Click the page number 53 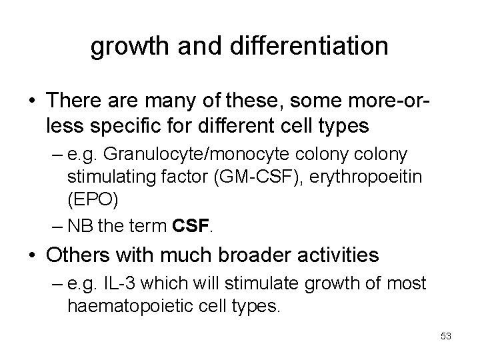[446, 336]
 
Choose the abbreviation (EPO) [91, 198]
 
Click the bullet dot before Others [33, 255]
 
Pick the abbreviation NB [81, 225]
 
